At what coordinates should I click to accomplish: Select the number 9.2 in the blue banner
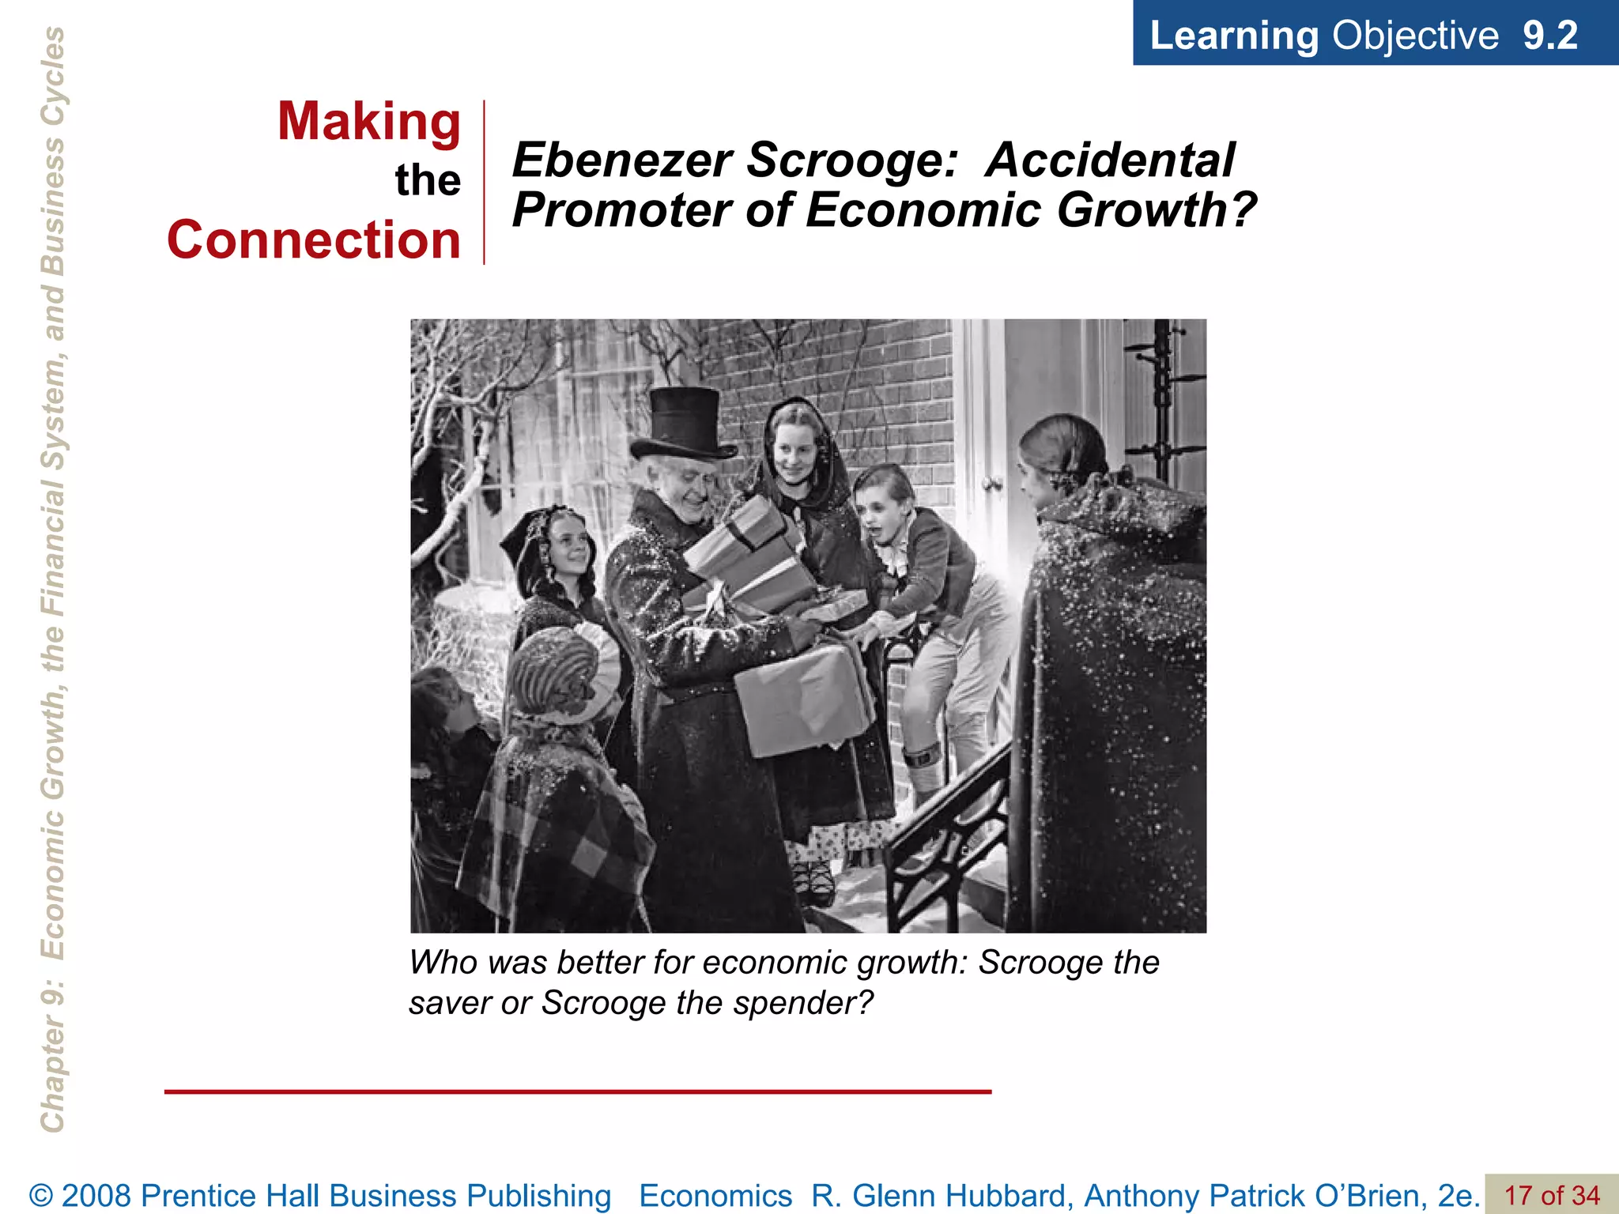[1549, 36]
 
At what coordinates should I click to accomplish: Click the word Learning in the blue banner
[1233, 36]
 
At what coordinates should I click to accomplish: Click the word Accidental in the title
[1110, 160]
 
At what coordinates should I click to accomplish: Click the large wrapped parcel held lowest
[802, 699]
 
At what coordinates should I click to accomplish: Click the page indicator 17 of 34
[1551, 1195]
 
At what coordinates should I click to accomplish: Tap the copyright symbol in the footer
[41, 1196]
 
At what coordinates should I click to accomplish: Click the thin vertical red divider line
[484, 182]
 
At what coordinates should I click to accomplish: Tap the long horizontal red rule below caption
[577, 1091]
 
